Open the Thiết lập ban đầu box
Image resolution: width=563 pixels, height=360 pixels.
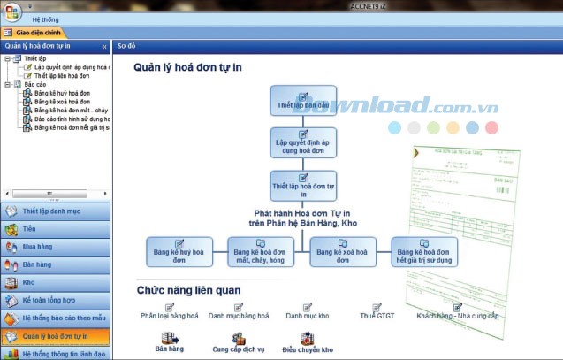pos(303,101)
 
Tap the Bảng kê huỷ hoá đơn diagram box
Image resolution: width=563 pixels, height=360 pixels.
pos(180,252)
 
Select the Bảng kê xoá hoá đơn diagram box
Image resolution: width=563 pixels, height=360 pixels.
pos(342,252)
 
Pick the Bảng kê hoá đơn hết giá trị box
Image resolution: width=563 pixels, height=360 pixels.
pos(424,252)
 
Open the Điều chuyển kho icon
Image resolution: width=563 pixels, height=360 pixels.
pos(307,344)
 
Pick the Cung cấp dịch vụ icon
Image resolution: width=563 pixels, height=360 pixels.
pos(239,344)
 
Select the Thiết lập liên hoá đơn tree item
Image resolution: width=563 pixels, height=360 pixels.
pos(67,76)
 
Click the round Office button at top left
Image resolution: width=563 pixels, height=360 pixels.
pos(12,11)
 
